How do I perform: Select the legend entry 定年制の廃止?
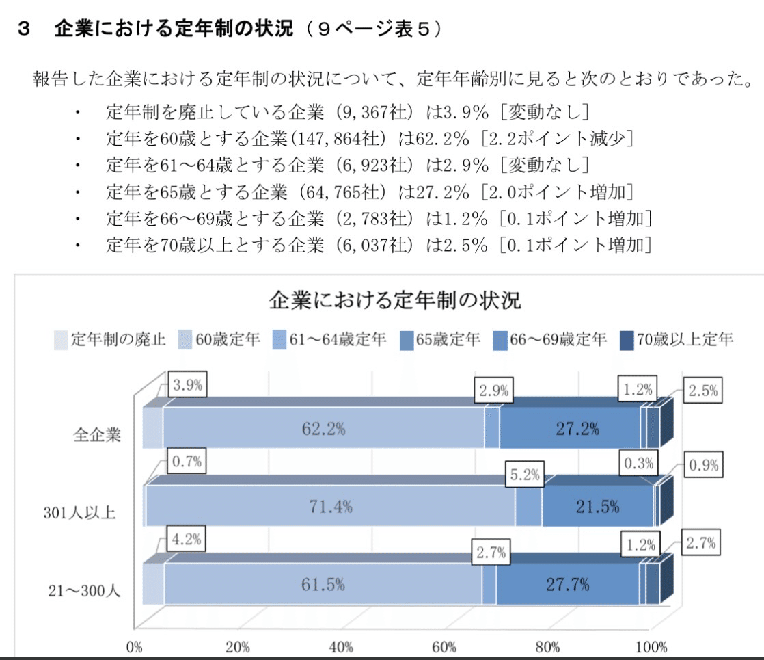(x=109, y=339)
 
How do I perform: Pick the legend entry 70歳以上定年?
(x=677, y=339)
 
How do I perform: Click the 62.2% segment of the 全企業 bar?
(x=323, y=430)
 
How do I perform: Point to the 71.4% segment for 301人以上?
(x=330, y=507)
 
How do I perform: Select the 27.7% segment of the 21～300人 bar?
(x=567, y=585)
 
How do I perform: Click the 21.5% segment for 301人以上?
(x=597, y=507)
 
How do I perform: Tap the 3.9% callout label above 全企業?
(x=187, y=385)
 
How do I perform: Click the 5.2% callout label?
(x=524, y=473)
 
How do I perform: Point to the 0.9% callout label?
(x=703, y=465)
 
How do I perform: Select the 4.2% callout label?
(x=187, y=539)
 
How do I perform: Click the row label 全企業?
(x=98, y=434)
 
